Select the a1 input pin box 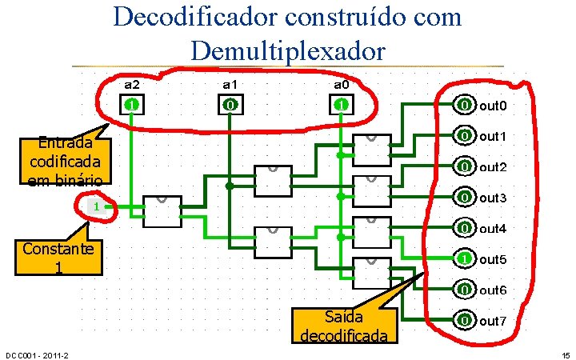229,105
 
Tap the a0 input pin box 340,105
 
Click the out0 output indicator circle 464,106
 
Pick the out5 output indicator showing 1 464,259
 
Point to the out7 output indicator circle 464,322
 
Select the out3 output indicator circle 464,197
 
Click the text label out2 494,167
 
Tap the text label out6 494,290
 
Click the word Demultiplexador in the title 289,50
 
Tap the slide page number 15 566,355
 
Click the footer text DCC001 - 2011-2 36,355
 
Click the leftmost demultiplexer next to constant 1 162,211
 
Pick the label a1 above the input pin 230,84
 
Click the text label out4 494,229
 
